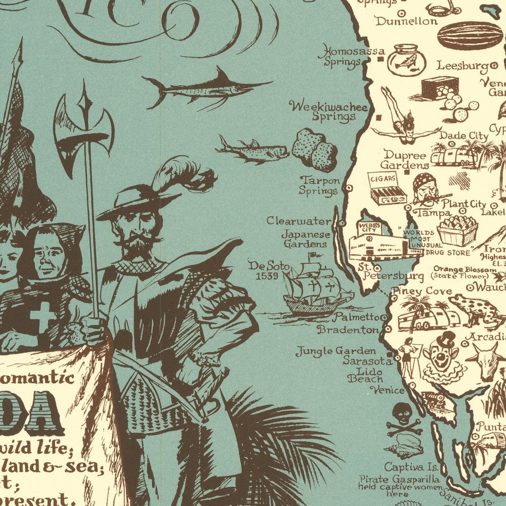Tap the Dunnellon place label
pyautogui.click(x=406, y=22)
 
